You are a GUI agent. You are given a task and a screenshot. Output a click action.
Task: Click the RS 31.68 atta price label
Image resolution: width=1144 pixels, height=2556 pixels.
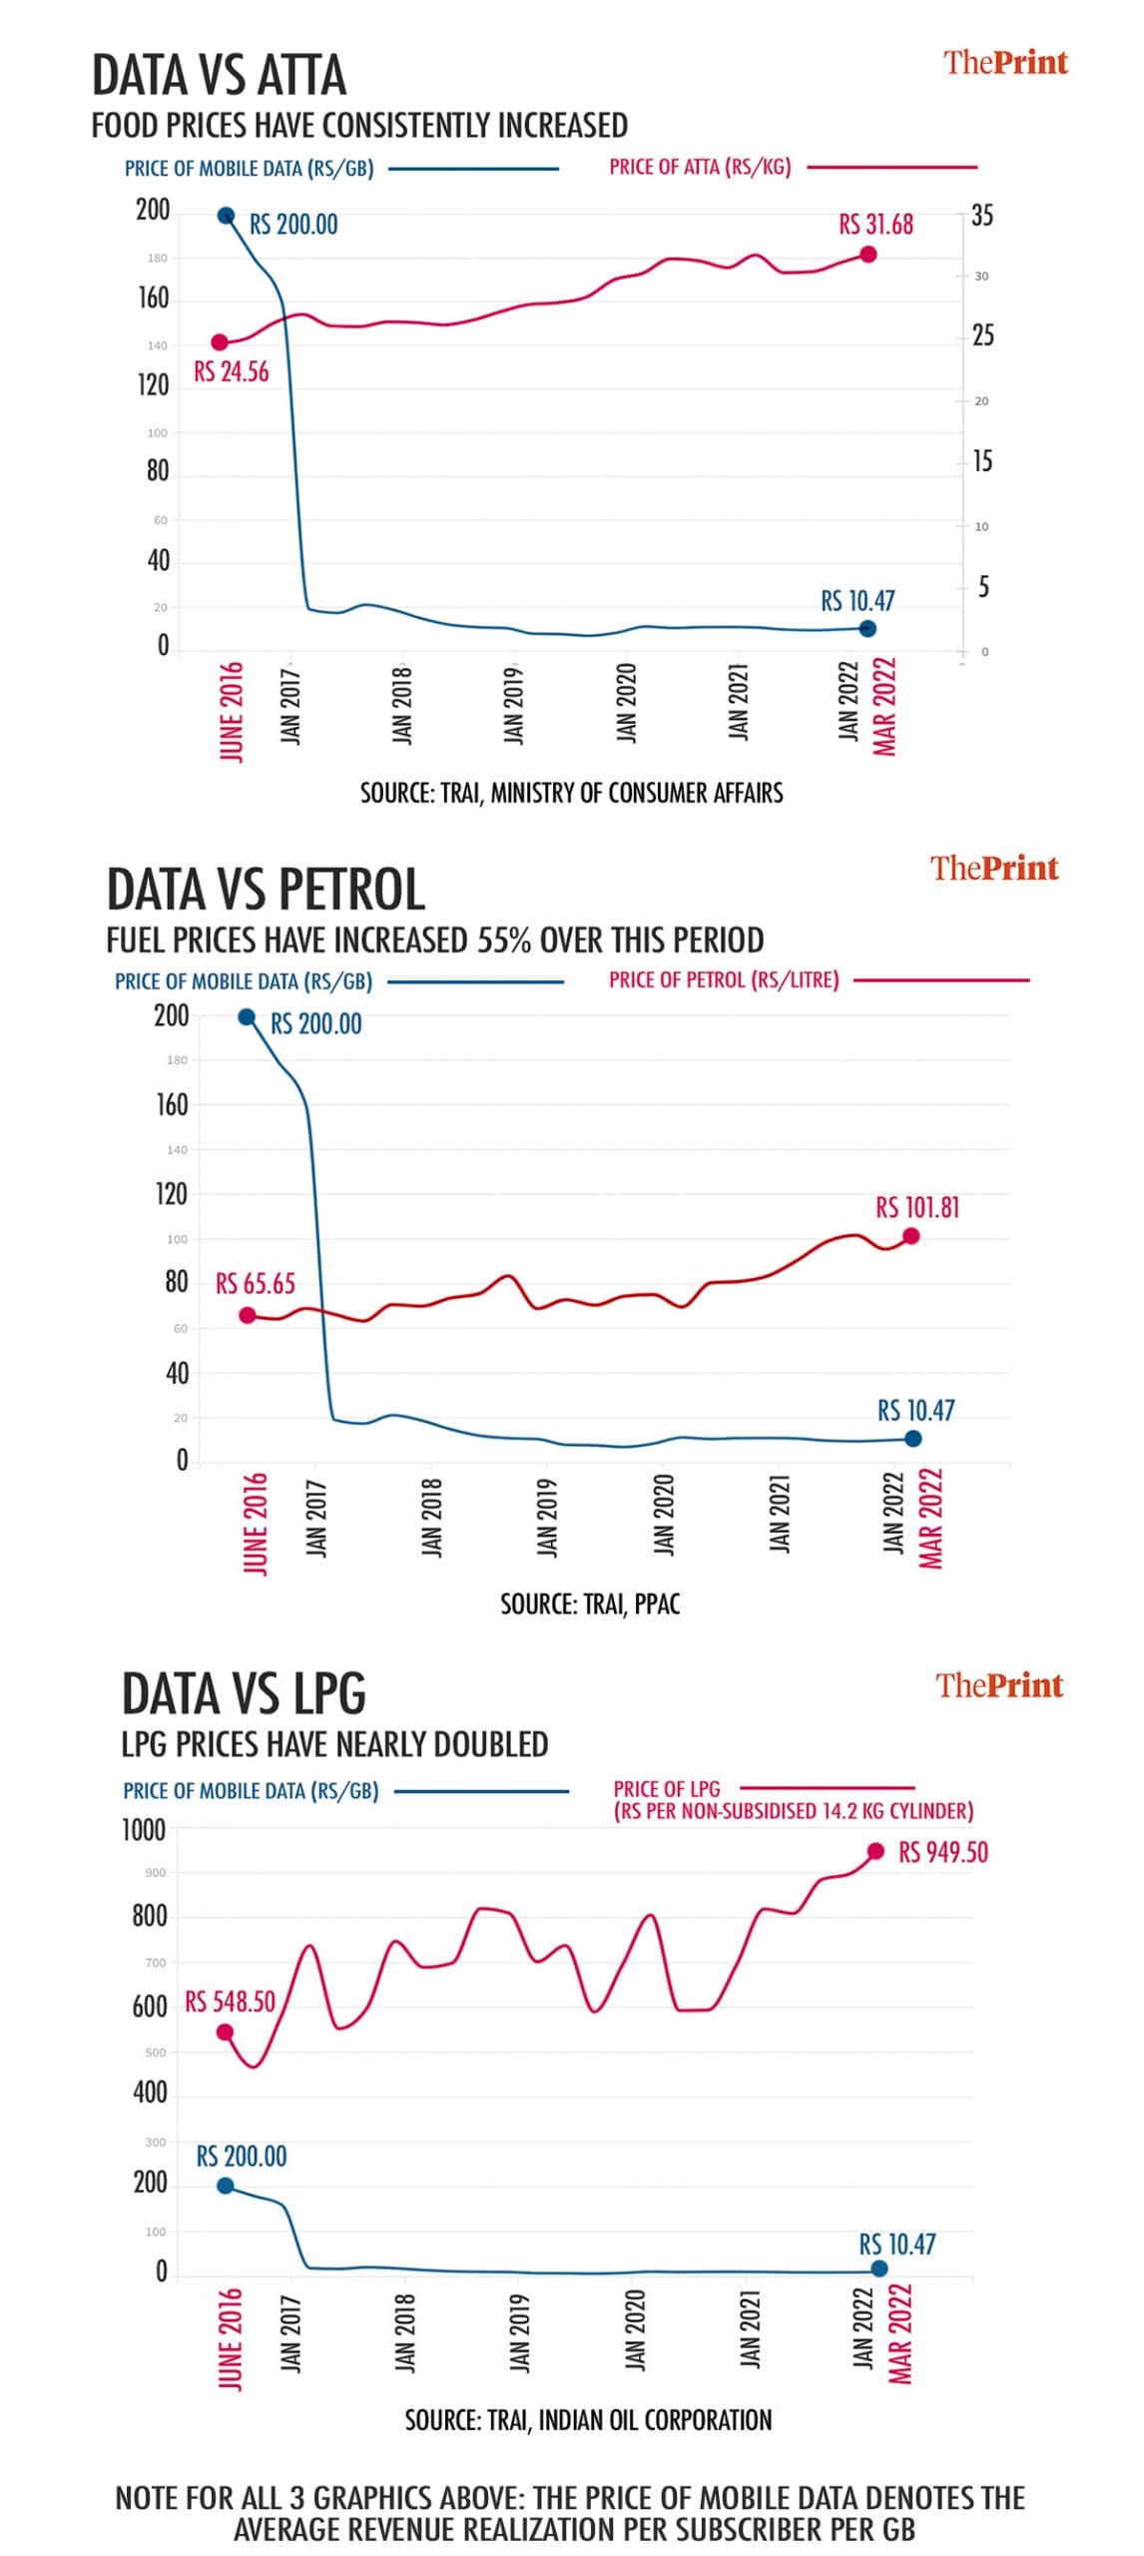[x=875, y=225]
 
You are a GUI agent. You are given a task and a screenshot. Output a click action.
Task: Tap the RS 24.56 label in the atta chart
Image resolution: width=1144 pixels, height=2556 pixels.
[x=231, y=372]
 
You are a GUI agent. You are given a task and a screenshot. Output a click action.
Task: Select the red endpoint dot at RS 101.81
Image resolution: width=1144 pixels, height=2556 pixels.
[x=910, y=1236]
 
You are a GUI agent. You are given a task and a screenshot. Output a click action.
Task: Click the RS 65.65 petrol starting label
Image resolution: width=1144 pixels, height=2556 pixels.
[x=256, y=1284]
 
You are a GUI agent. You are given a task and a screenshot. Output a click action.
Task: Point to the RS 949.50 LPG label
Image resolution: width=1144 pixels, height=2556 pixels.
[x=942, y=1853]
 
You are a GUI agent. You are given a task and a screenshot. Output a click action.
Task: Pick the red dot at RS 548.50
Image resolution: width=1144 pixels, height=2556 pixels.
[x=225, y=2033]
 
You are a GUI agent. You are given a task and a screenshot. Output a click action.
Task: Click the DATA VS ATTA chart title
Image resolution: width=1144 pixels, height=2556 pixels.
[x=219, y=76]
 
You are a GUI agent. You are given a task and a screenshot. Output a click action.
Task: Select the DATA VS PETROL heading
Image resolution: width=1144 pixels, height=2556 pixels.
[x=266, y=890]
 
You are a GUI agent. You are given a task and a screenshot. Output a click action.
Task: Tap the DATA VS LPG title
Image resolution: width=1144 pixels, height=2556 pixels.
[x=244, y=1694]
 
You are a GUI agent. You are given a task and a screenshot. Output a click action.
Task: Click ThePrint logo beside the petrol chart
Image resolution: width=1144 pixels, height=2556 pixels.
[x=994, y=868]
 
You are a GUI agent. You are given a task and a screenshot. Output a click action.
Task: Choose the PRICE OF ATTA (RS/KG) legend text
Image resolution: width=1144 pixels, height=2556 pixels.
[x=700, y=168]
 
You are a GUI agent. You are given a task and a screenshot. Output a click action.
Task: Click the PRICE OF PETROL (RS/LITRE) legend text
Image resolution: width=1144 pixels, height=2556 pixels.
[x=724, y=980]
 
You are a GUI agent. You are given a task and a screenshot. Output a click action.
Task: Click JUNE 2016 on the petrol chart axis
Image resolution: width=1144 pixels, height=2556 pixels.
[x=256, y=1523]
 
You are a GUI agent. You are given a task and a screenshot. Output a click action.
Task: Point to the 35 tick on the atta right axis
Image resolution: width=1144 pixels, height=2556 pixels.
[x=982, y=216]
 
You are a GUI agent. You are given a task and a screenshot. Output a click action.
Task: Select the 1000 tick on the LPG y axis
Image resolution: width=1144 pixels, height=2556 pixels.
[x=144, y=1830]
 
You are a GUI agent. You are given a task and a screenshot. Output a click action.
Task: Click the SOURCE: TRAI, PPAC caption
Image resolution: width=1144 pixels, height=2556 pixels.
[x=590, y=1603]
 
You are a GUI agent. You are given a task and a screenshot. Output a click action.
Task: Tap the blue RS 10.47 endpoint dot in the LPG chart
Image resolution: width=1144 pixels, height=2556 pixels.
[x=879, y=2268]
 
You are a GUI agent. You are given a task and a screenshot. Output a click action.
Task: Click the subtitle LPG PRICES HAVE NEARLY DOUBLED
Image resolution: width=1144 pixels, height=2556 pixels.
[x=334, y=1744]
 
